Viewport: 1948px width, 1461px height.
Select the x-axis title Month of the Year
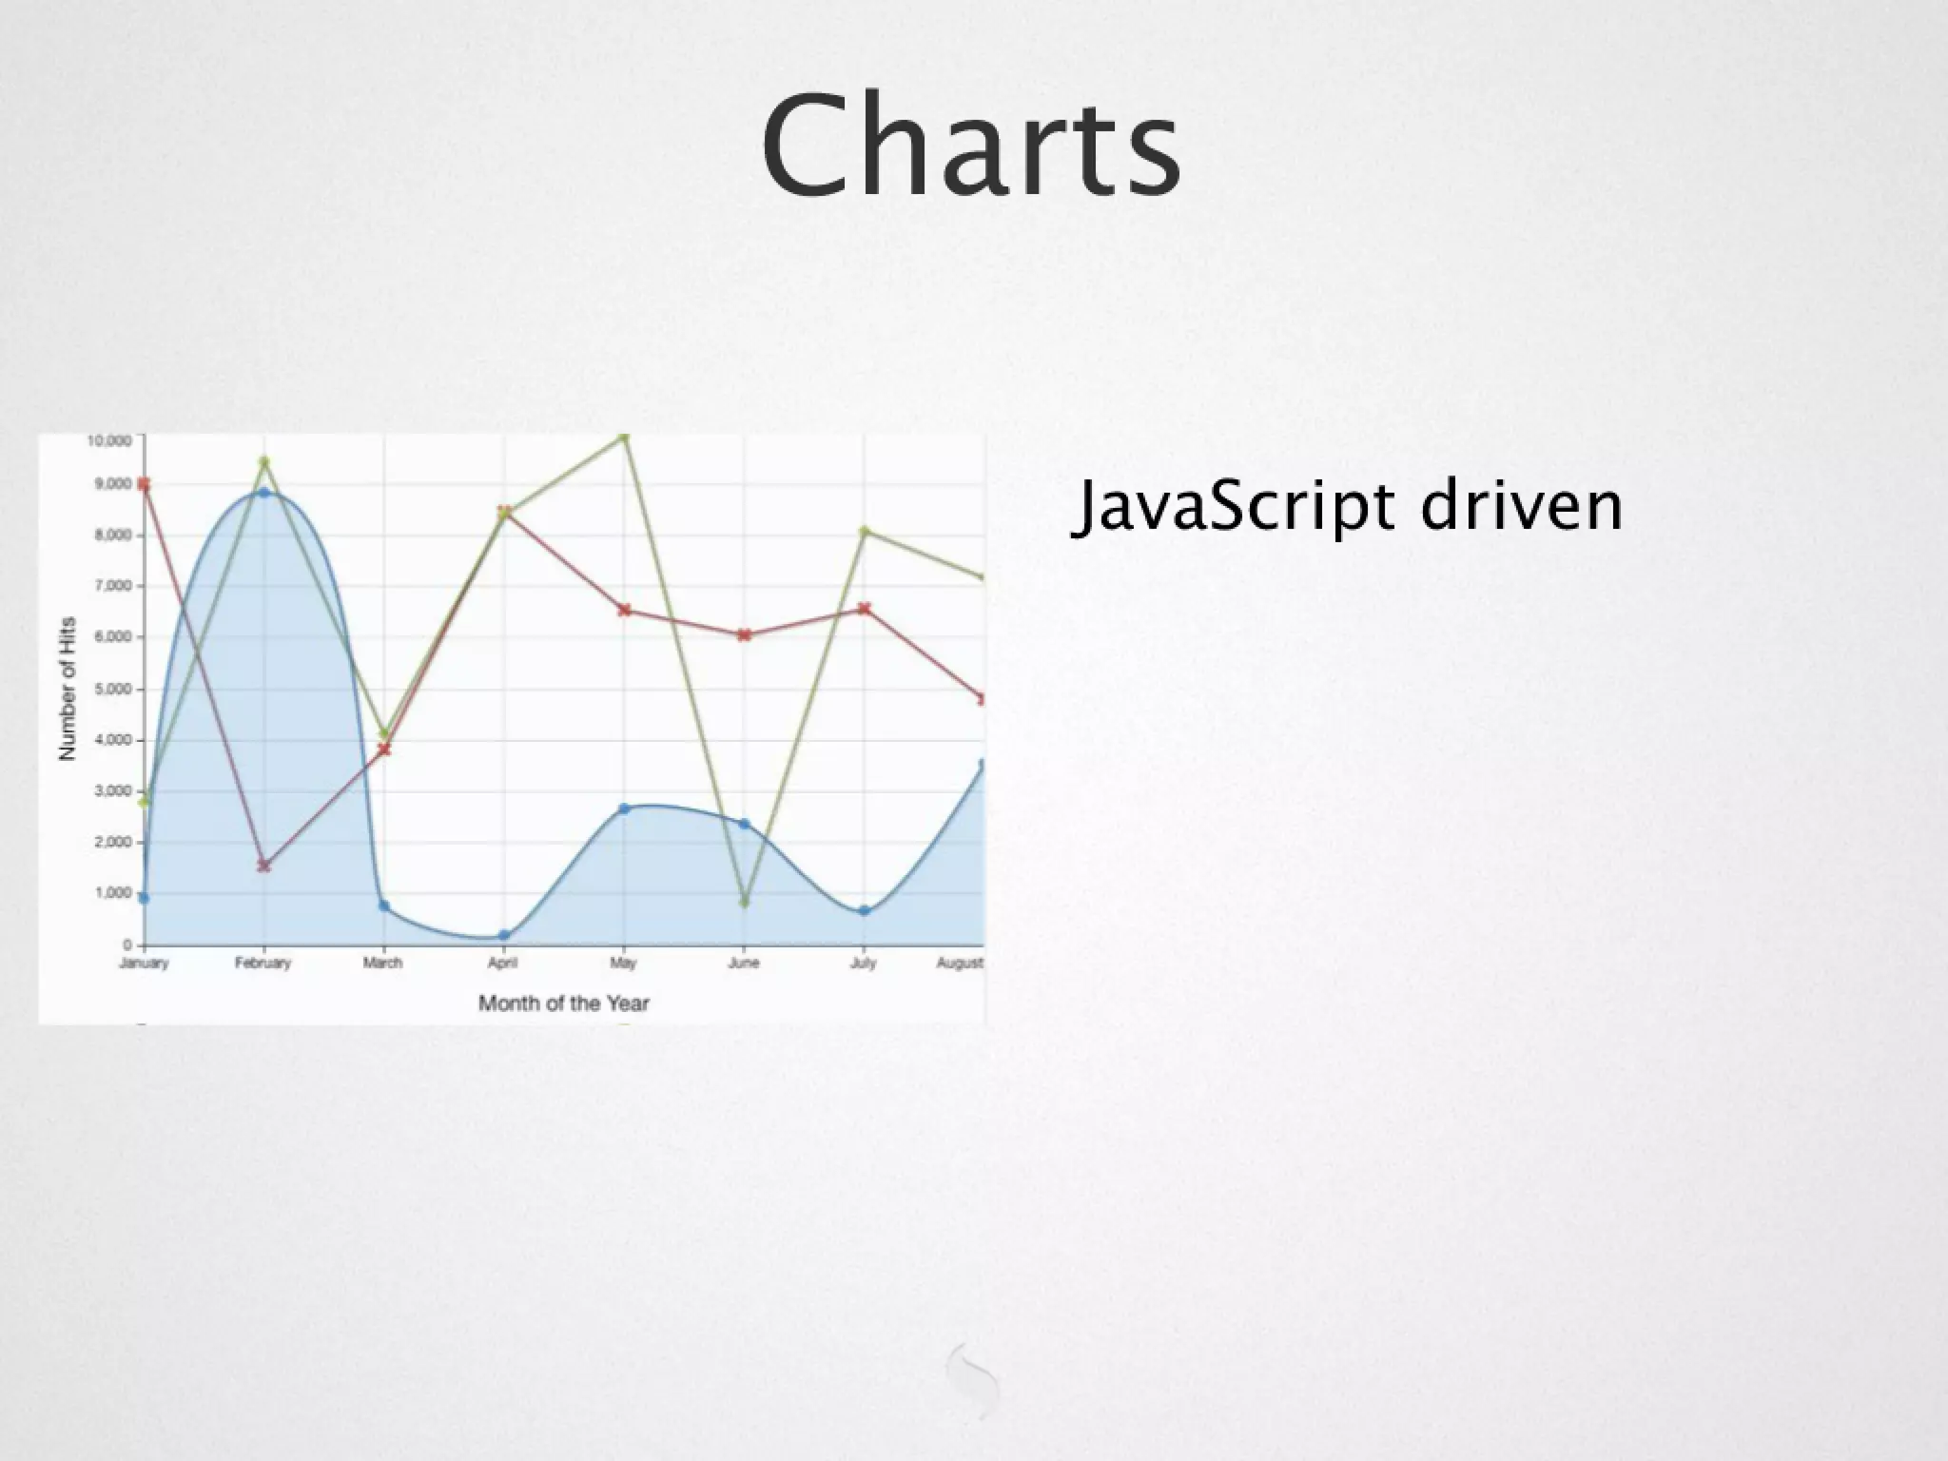tap(563, 1003)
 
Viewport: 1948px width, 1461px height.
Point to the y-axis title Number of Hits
tap(67, 689)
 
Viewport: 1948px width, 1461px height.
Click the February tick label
tap(263, 964)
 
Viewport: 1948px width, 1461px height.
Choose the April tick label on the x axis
tap(503, 964)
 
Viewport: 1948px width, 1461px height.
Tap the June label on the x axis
tap(744, 964)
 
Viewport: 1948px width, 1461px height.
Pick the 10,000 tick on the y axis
tap(108, 440)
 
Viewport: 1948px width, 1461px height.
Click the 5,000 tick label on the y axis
tap(112, 689)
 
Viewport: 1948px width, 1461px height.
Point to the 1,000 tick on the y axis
tap(112, 893)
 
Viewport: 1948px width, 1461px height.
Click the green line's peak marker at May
tap(624, 438)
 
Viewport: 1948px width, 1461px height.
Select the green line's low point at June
tap(745, 902)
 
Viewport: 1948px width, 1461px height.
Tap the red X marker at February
tap(264, 866)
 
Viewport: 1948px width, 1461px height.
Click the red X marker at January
tap(144, 484)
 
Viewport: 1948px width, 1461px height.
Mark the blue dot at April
tap(504, 936)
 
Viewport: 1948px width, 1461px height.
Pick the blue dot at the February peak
tap(264, 493)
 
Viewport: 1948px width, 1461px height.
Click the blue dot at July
tap(864, 911)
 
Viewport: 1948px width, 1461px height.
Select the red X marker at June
tap(745, 634)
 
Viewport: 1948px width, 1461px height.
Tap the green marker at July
tap(864, 532)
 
